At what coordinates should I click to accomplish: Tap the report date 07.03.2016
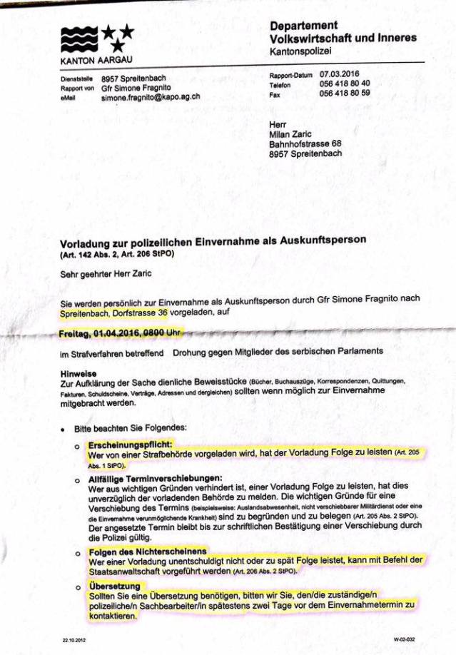click(x=340, y=73)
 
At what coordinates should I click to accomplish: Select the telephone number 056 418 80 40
click(x=345, y=83)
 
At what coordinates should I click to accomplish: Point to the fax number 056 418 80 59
click(x=345, y=93)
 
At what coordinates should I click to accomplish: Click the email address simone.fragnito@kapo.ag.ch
click(x=150, y=96)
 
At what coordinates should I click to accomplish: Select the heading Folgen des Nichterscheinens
click(x=147, y=552)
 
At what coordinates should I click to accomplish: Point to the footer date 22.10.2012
click(x=74, y=640)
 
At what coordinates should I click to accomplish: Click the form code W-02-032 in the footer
click(x=404, y=640)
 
